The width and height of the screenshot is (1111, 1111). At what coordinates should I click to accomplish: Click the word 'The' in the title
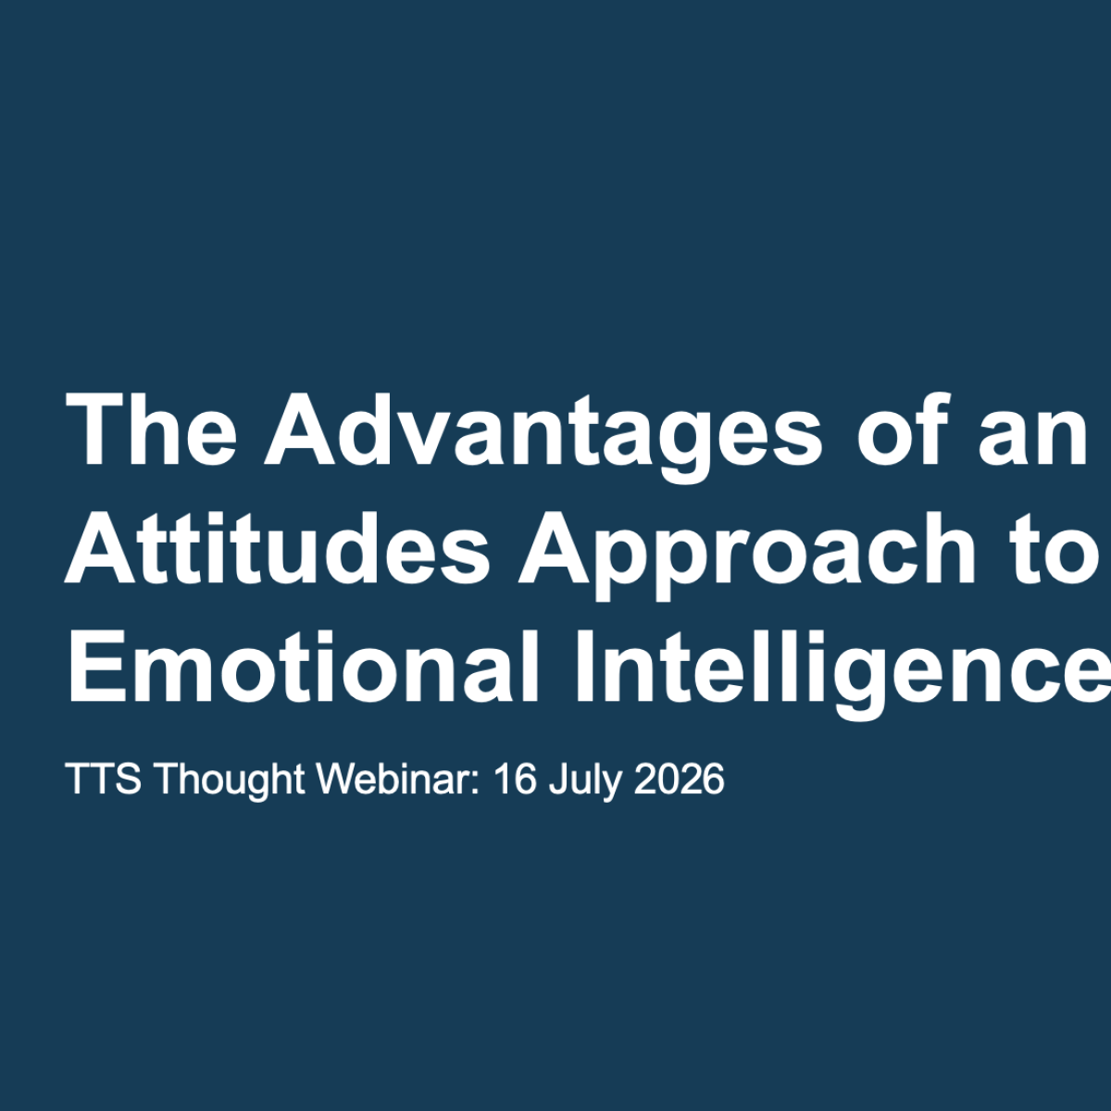tap(152, 430)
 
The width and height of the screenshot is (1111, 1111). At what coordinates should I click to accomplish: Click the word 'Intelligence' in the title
tap(843, 676)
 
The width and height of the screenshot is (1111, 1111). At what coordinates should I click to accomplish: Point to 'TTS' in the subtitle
tap(104, 779)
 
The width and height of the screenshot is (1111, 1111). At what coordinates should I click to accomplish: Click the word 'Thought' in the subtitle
tap(230, 782)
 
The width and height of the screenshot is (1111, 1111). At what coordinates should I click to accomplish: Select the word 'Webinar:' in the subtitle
tap(399, 779)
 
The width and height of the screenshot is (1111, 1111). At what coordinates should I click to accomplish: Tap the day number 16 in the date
tap(515, 779)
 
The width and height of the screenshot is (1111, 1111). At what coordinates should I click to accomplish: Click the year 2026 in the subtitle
tap(680, 779)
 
